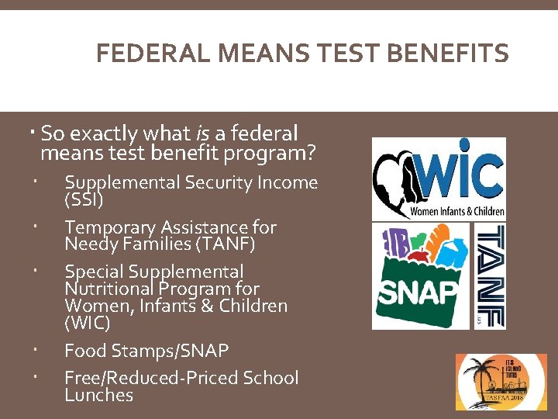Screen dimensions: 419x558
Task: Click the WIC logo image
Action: point(439,178)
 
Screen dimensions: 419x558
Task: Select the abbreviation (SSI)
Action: point(83,199)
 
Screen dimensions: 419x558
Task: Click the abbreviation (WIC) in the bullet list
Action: point(87,322)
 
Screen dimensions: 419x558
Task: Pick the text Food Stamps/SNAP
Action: point(146,351)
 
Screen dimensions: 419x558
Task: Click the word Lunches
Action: point(99,395)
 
